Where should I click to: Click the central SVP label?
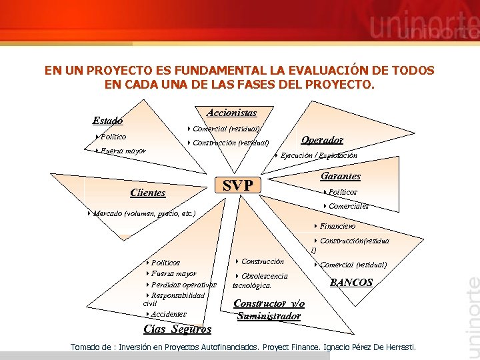tap(237, 185)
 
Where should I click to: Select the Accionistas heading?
tap(231, 113)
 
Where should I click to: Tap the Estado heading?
tap(107, 121)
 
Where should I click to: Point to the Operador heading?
tap(322, 140)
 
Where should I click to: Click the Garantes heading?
tap(340, 177)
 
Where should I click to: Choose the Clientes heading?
tap(148, 193)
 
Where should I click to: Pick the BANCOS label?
tap(351, 283)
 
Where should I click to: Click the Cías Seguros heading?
tap(177, 329)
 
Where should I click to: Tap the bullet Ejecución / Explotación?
tap(318, 155)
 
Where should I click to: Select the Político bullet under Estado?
tap(112, 137)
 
